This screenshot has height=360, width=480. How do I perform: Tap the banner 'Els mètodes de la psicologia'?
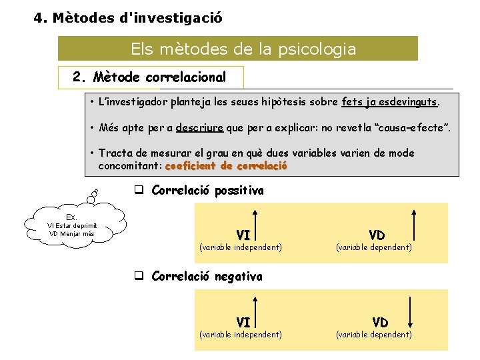[243, 49]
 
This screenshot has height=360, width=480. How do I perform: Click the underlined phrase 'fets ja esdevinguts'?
[389, 103]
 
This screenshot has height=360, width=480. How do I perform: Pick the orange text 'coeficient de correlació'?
[226, 166]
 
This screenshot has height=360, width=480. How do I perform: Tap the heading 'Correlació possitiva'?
[207, 191]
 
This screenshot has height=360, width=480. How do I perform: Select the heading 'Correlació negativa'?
[207, 277]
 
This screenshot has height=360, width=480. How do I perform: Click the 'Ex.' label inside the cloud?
[72, 217]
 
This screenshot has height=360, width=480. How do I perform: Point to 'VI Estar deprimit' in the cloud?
[72, 225]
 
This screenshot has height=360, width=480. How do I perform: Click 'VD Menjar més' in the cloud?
[72, 233]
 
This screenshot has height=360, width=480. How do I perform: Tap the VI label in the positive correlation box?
[243, 235]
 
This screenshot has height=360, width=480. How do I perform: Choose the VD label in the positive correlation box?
[377, 235]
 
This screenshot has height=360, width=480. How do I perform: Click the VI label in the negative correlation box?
[243, 323]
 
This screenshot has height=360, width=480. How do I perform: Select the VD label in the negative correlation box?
[380, 323]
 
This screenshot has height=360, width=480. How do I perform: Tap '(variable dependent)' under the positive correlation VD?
[373, 247]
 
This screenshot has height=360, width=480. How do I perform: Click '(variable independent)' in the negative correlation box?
[241, 334]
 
